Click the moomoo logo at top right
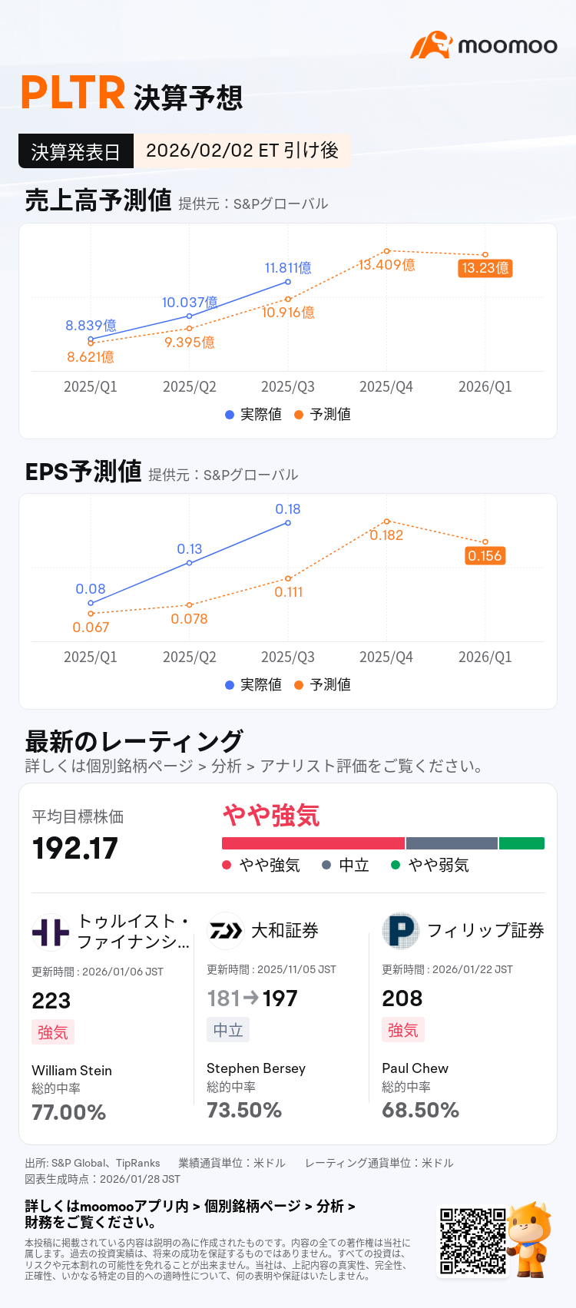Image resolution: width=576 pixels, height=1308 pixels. click(x=484, y=45)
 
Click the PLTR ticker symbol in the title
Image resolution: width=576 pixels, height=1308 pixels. click(x=73, y=94)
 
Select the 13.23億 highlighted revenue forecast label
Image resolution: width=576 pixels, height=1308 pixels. click(x=485, y=268)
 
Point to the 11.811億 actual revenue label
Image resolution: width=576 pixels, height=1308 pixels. click(x=288, y=268)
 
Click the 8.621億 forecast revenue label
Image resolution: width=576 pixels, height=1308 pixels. click(x=91, y=357)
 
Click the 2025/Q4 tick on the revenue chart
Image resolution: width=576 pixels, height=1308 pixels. click(x=386, y=387)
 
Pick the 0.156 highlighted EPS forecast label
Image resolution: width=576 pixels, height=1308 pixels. click(x=485, y=555)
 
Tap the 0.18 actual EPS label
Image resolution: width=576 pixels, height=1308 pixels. click(x=288, y=509)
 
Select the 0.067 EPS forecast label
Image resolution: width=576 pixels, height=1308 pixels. click(x=91, y=628)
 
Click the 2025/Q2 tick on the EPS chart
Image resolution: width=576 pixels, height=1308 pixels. click(x=190, y=657)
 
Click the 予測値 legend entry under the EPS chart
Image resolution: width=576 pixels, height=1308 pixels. click(x=323, y=684)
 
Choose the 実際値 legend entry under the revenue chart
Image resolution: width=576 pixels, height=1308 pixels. click(x=253, y=414)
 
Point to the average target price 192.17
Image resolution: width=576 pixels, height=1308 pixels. click(x=75, y=849)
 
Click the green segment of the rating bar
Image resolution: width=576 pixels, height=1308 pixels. click(x=521, y=843)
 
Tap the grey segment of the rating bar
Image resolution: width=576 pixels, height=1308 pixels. click(x=452, y=843)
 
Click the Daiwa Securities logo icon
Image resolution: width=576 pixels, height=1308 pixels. click(x=225, y=931)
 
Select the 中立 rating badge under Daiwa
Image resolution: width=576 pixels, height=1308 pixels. click(x=228, y=1030)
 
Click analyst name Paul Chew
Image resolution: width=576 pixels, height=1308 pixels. click(x=415, y=1068)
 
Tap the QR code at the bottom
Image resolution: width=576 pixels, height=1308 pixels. click(x=472, y=1241)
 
